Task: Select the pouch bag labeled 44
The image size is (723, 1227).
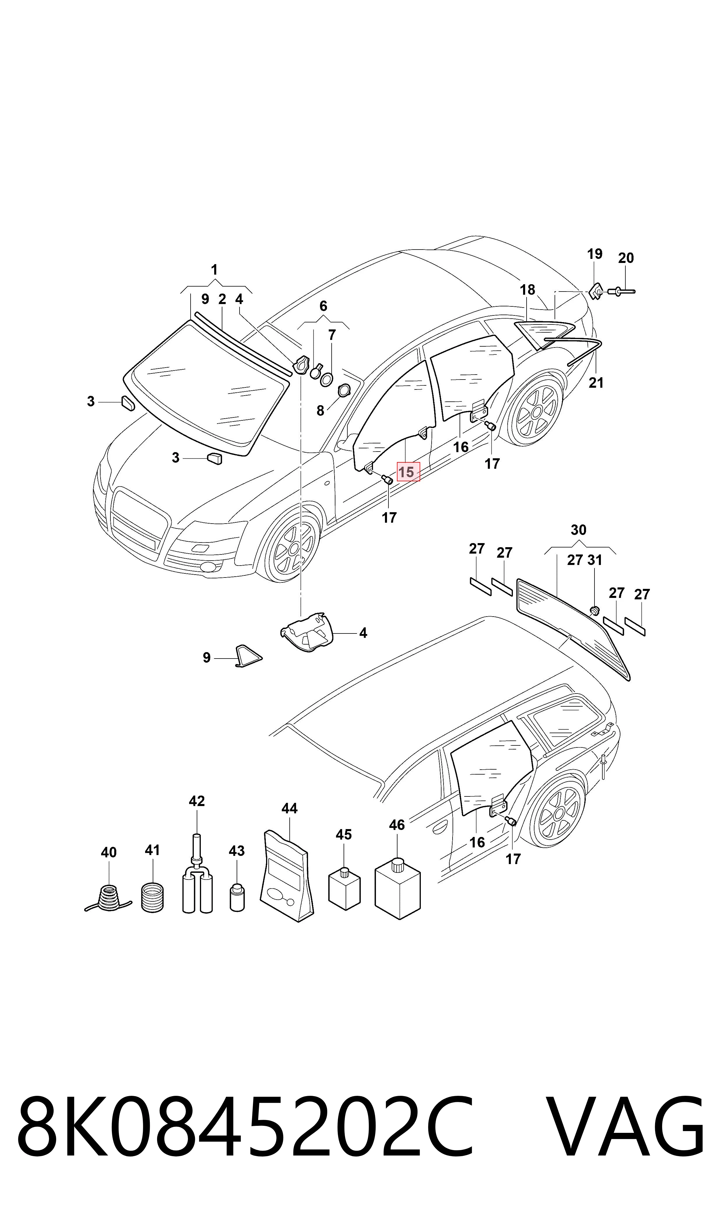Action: [287, 876]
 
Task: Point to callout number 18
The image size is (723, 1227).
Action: [527, 290]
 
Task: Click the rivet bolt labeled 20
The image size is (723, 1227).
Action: [621, 292]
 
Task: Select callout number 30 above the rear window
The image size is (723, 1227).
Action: [578, 530]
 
